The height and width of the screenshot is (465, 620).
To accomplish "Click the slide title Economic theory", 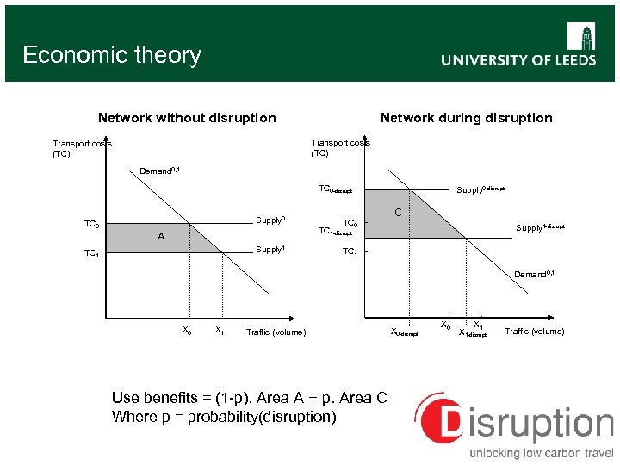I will [111, 55].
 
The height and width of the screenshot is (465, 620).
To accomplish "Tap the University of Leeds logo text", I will [518, 60].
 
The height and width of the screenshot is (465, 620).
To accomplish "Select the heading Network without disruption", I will [187, 118].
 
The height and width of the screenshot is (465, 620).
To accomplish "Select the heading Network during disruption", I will [466, 118].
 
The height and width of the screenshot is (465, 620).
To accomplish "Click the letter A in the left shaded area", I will [160, 237].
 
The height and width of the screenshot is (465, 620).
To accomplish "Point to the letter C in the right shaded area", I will [398, 212].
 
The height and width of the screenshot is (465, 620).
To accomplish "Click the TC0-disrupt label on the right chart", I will [335, 189].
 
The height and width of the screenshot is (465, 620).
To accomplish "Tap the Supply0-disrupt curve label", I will [480, 189].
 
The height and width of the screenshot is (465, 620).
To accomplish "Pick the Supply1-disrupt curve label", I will [540, 227].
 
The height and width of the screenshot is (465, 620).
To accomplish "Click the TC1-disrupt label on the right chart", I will [335, 232].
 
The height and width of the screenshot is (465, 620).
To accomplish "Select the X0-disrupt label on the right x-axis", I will [404, 332].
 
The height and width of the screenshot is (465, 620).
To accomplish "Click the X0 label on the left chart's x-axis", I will [187, 331].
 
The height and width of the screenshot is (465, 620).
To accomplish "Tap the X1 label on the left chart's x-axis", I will [220, 331].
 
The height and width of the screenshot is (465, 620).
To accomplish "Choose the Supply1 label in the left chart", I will [270, 250].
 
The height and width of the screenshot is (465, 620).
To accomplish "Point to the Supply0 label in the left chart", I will [270, 220].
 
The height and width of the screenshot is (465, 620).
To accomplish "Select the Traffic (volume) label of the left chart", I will [276, 332].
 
